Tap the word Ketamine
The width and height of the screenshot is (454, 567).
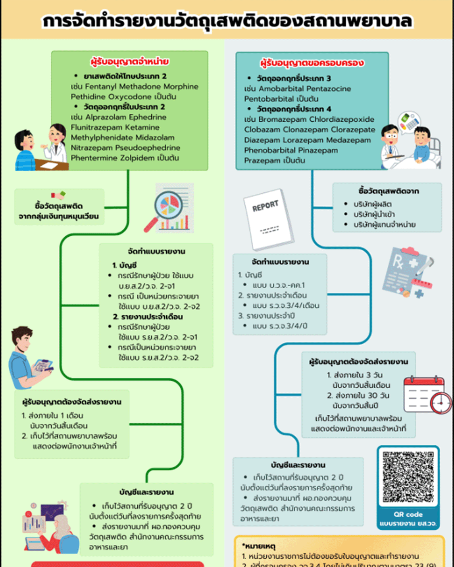143,127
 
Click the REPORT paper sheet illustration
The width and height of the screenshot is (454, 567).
268,219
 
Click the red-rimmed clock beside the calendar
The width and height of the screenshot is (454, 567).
441,403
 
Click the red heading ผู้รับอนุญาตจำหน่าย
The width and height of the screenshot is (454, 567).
129,61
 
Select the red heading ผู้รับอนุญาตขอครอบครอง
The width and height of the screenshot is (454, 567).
312,63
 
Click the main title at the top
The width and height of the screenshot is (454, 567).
227,21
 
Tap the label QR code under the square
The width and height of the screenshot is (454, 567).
408,514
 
